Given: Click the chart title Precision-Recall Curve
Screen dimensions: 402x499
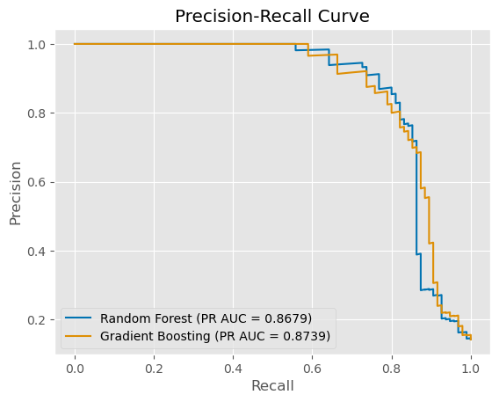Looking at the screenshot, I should [272, 17].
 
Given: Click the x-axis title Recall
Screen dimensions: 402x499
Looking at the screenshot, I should [272, 386].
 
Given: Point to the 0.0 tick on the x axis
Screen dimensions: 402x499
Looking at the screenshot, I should [75, 366].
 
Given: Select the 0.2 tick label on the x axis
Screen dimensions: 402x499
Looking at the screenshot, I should [154, 366].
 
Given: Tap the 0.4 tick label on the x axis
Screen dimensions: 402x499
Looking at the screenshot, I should [233, 366].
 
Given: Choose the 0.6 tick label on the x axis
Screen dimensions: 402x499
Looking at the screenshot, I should [312, 366].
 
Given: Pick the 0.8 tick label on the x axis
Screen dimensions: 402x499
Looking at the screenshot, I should [392, 366].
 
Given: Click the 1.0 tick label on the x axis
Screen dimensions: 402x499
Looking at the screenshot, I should [471, 366].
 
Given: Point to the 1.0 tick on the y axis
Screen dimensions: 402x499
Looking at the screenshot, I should [40, 44].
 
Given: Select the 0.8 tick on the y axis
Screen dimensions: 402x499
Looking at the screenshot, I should [40, 113].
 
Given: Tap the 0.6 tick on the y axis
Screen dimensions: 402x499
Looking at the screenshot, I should [40, 182].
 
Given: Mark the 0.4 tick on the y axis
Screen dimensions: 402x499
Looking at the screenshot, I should [40, 251].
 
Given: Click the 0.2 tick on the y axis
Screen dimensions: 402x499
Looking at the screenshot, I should [40, 320].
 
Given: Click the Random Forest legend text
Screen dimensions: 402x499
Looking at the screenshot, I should [143, 318].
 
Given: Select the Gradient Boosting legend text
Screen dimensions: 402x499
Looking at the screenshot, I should [152, 335].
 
